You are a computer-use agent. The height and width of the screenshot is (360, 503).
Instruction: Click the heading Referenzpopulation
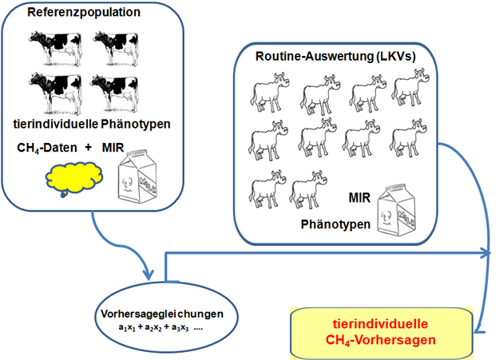coord(84,13)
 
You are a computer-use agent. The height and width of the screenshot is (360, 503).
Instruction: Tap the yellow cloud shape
coord(73,178)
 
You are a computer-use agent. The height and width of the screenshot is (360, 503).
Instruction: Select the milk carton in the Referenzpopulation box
coord(137,176)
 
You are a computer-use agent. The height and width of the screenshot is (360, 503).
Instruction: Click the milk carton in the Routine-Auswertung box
coord(397,209)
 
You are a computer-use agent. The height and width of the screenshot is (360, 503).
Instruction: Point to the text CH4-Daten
coord(47,148)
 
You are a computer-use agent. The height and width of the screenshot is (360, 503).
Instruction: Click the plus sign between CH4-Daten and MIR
coord(88,147)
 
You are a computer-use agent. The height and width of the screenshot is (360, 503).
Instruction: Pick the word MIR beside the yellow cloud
coord(113,148)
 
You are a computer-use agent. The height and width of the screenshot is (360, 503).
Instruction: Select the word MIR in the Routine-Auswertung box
coord(359,198)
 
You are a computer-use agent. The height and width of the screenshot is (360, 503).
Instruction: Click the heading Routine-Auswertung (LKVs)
coord(335,57)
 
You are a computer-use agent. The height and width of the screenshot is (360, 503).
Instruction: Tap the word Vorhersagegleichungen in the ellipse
coord(162,314)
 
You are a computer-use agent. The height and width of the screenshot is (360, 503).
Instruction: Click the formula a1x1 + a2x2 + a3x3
coord(153,327)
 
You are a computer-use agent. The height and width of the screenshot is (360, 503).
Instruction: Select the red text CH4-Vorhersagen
coord(381,340)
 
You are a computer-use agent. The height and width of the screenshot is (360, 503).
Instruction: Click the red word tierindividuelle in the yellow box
coord(380,324)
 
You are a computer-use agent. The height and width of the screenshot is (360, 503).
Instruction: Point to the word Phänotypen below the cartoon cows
coord(335,224)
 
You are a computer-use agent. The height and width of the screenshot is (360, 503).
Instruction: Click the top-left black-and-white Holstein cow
coord(55,48)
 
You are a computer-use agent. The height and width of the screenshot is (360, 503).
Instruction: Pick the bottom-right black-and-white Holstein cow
coord(114,93)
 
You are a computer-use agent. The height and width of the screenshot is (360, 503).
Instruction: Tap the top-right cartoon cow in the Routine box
coord(410,87)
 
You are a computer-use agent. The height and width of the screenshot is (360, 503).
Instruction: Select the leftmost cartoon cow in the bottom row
coord(267,189)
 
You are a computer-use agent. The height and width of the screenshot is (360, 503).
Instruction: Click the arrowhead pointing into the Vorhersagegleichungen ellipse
coord(149,275)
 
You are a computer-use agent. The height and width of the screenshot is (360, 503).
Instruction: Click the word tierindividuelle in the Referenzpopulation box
coord(56,125)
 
